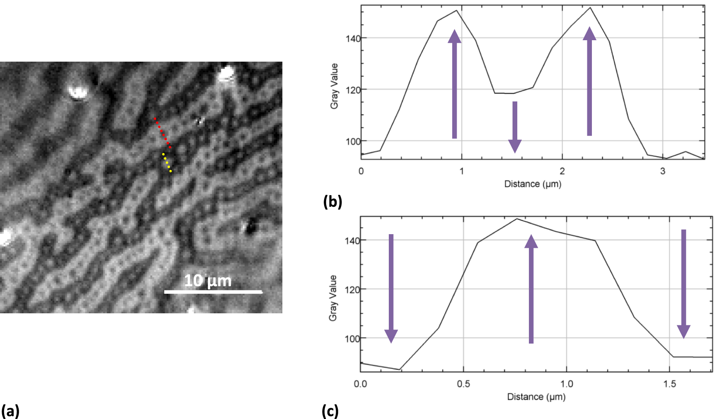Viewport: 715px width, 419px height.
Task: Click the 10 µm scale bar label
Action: (x=208, y=281)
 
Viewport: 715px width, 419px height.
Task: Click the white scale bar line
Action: (x=213, y=292)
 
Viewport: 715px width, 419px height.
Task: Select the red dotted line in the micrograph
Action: (x=162, y=133)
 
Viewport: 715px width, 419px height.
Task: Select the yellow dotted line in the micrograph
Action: (x=167, y=162)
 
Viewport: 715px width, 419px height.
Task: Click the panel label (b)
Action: (x=332, y=201)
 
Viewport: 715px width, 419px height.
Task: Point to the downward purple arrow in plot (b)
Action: (x=515, y=127)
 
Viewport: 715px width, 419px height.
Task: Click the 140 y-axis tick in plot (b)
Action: (x=353, y=39)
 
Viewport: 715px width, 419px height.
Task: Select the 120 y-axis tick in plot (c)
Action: (x=352, y=289)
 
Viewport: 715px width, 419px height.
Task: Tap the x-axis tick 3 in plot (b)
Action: (x=662, y=171)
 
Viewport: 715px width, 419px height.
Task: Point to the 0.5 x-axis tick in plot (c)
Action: (x=463, y=384)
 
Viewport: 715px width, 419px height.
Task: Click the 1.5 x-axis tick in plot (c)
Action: (x=669, y=384)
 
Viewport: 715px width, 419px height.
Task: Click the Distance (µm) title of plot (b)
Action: (x=533, y=184)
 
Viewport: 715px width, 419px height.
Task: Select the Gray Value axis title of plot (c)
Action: (x=332, y=298)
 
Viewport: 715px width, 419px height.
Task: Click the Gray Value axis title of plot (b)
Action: (x=334, y=86)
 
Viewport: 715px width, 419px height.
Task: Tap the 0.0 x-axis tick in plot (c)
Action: (x=360, y=384)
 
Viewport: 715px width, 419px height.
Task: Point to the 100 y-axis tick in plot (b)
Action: (x=353, y=141)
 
